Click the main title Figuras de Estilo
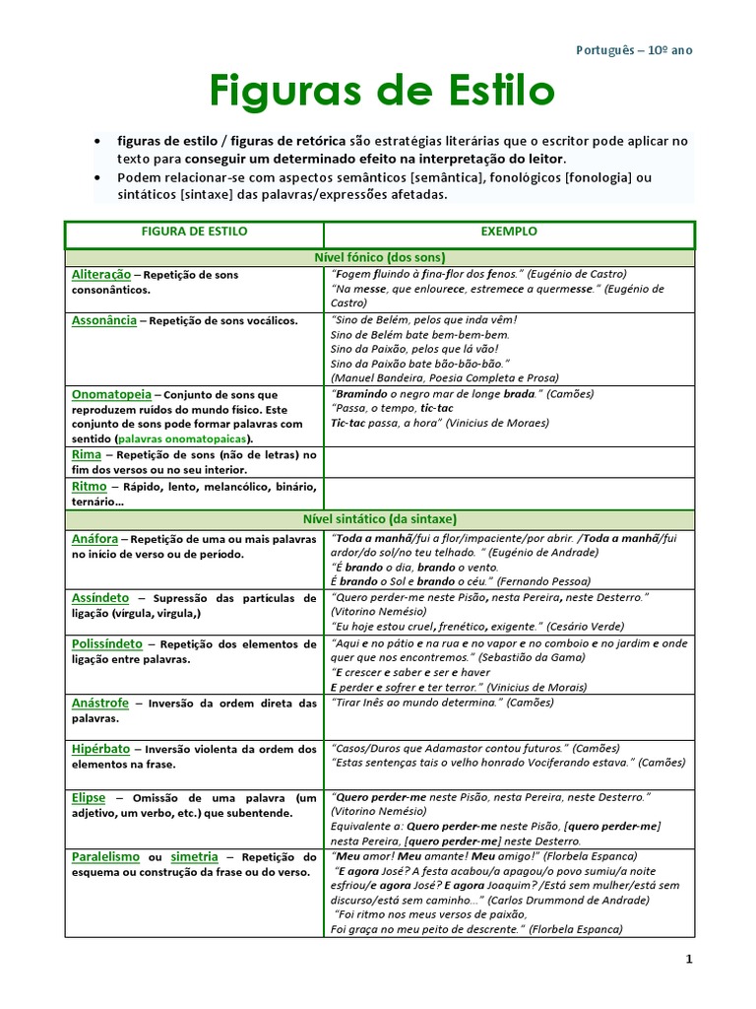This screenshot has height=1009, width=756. click(x=381, y=93)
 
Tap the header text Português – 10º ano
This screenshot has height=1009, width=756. click(x=640, y=50)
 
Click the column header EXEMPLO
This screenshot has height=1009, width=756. click(x=509, y=232)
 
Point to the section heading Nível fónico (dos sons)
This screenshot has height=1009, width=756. click(x=379, y=257)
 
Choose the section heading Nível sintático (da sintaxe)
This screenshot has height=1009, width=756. click(x=379, y=518)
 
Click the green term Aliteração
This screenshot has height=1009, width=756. click(x=100, y=274)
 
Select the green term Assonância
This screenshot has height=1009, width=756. click(x=104, y=320)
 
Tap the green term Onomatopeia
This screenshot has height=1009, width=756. click(x=110, y=393)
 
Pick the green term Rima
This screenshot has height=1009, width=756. click(x=87, y=454)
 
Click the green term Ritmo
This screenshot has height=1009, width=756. click(x=90, y=486)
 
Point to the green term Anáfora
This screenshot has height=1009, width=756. click(x=95, y=539)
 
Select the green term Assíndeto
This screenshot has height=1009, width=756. click(x=100, y=598)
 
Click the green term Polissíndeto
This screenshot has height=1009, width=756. click(x=107, y=643)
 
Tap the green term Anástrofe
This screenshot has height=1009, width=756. click(x=100, y=703)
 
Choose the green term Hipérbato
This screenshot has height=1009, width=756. click(x=101, y=749)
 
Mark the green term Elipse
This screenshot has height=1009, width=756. click(x=89, y=796)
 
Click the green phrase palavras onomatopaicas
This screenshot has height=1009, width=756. click(x=182, y=438)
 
